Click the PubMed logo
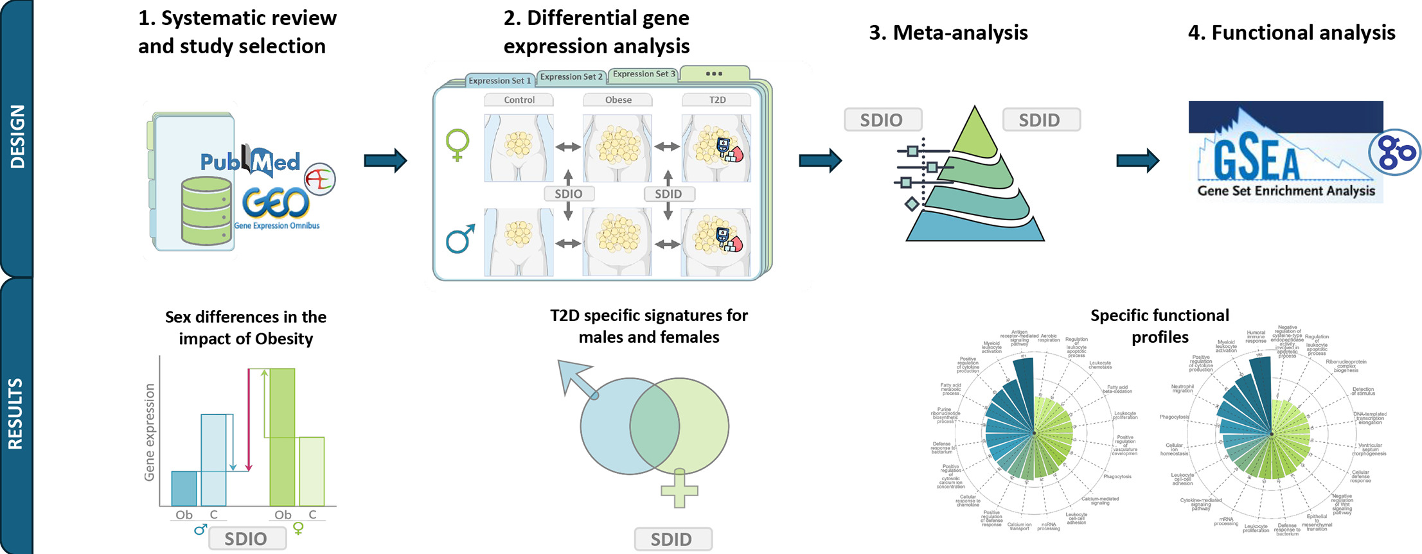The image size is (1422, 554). [250, 162]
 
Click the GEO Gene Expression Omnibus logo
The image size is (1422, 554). [276, 204]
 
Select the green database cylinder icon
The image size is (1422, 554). [206, 211]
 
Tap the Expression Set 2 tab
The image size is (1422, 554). [571, 77]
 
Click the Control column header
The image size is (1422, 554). [519, 100]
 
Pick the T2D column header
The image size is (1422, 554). [717, 100]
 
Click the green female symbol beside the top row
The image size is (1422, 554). [458, 144]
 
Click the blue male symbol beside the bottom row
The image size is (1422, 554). [460, 239]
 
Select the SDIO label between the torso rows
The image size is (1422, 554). [568, 194]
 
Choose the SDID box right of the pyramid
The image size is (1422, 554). [1039, 120]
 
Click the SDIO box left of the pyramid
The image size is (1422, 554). [882, 120]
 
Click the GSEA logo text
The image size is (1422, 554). [1256, 160]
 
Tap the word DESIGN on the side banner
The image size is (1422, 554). [17, 136]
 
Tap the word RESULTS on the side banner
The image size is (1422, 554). [15, 414]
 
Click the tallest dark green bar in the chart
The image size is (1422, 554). [282, 437]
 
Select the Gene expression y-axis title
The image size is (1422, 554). [150, 432]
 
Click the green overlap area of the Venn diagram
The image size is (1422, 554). [654, 426]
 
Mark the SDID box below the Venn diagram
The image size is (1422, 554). [671, 539]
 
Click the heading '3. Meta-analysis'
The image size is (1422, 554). [948, 33]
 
